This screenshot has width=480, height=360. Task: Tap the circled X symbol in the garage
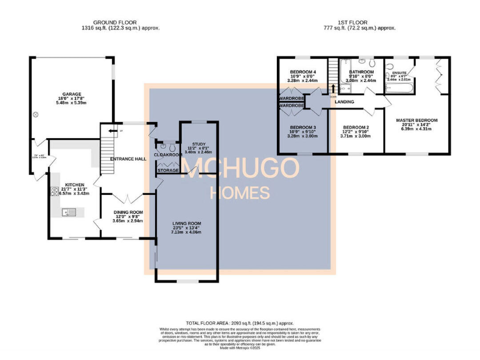(36, 114)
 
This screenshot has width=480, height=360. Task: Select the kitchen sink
(69, 212)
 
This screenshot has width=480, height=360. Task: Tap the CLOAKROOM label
(167, 154)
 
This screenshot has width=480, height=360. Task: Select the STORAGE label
(167, 169)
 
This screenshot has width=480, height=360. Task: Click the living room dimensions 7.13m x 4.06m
(187, 232)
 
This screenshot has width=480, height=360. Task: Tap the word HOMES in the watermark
(239, 192)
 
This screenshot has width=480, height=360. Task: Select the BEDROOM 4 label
(302, 72)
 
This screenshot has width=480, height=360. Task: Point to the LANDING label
(344, 101)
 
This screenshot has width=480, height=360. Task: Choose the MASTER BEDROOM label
(416, 119)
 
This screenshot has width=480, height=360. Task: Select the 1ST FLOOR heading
(359, 22)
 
